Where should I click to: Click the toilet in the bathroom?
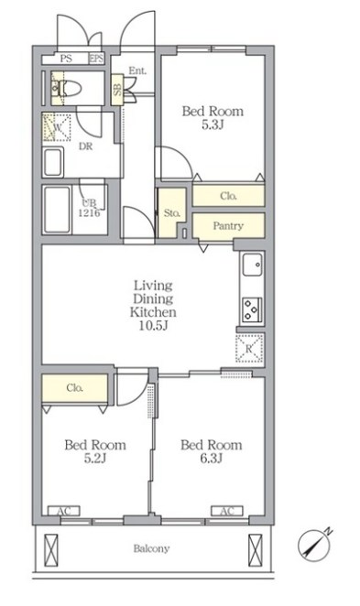66,89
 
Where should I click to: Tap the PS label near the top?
66,59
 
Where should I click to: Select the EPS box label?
97,59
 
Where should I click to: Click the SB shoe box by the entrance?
117,89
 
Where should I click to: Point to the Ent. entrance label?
137,70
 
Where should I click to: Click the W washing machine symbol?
57,127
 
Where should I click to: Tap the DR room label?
86,146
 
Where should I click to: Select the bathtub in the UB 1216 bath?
57,210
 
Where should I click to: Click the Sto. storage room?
171,212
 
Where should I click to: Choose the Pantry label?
228,226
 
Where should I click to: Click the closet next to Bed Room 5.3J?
228,196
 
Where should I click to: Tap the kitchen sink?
253,265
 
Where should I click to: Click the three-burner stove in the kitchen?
252,310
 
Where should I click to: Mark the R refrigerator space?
249,349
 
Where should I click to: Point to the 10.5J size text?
154,326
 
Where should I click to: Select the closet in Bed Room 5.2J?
74,387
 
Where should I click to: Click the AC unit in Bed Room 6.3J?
227,511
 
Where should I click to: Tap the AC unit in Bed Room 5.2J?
64,511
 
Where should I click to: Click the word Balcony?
151,548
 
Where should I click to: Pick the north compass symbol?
314,545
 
